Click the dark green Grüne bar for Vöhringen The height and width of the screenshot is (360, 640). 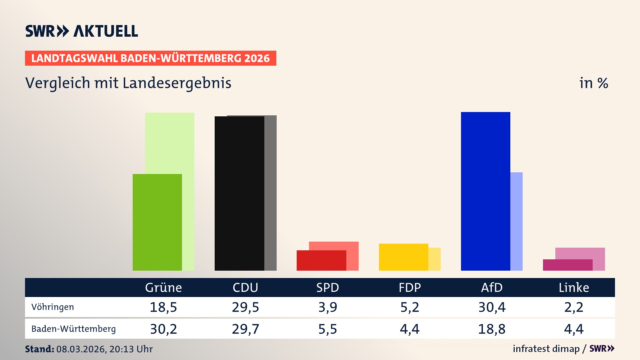tap(157, 222)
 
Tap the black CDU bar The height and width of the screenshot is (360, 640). tap(239, 193)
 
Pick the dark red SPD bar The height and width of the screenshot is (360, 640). tap(321, 260)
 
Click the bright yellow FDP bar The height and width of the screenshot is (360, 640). tap(403, 257)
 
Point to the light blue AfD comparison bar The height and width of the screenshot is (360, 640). tap(516, 221)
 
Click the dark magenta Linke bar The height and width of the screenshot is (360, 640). tap(567, 265)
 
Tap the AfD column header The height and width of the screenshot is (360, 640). tap(492, 287)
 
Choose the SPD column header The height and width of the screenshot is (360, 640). tap(327, 287)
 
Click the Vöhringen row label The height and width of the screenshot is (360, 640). tap(53, 307)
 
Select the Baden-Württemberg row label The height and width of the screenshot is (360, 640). tap(73, 329)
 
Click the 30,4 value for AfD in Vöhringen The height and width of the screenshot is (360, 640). tap(492, 307)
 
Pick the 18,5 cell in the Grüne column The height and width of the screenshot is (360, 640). tap(163, 307)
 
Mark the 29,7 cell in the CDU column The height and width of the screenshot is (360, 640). tap(245, 329)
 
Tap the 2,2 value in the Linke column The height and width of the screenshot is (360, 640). tap(574, 307)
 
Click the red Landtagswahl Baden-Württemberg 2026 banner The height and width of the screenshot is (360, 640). tap(150, 58)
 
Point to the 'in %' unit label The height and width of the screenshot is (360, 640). tap(593, 83)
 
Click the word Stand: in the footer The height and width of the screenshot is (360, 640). tap(39, 349)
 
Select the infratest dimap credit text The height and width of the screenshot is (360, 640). tap(546, 349)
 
